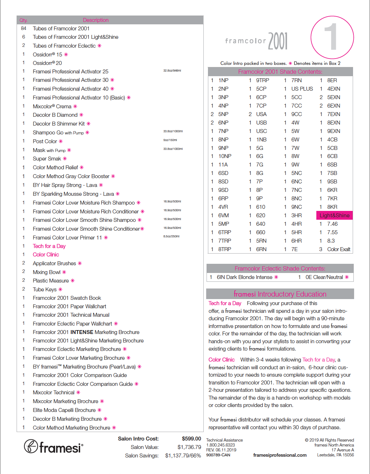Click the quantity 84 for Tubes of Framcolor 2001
pyautogui.click(x=24, y=28)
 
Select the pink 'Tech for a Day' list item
pyautogui.click(x=49, y=246)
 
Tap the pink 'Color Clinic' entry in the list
pyautogui.click(x=46, y=255)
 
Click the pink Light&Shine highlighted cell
pyautogui.click(x=334, y=215)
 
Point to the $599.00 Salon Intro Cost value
pyautogui.click(x=191, y=439)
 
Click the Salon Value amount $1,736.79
pyautogui.click(x=189, y=447)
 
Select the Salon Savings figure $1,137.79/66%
pyautogui.click(x=183, y=456)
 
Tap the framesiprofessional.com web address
pyautogui.click(x=280, y=455)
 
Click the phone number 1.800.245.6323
pyautogui.click(x=220, y=445)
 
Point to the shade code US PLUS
pyautogui.click(x=302, y=89)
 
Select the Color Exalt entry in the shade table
pyautogui.click(x=339, y=249)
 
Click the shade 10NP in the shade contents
pyautogui.click(x=225, y=156)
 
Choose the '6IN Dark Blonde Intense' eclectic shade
pyautogui.click(x=244, y=277)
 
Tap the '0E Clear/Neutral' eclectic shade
pyautogui.click(x=324, y=277)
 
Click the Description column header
pyautogui.click(x=96, y=20)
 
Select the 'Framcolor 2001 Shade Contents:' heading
pyautogui.click(x=280, y=72)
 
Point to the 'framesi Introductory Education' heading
pyautogui.click(x=280, y=294)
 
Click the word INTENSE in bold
pyautogui.click(x=82, y=332)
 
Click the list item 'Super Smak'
pyautogui.click(x=47, y=159)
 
